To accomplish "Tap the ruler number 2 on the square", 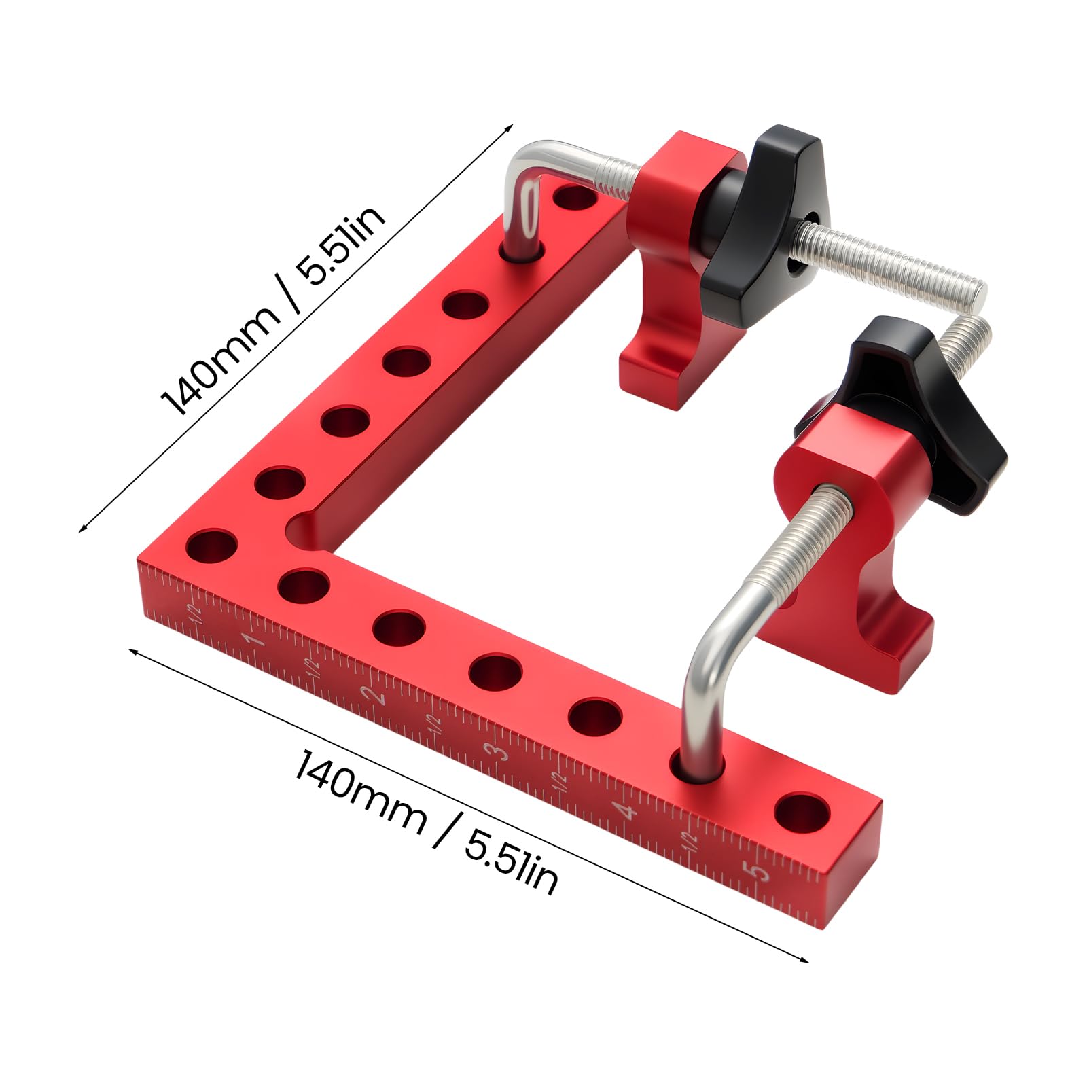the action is (372, 694).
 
